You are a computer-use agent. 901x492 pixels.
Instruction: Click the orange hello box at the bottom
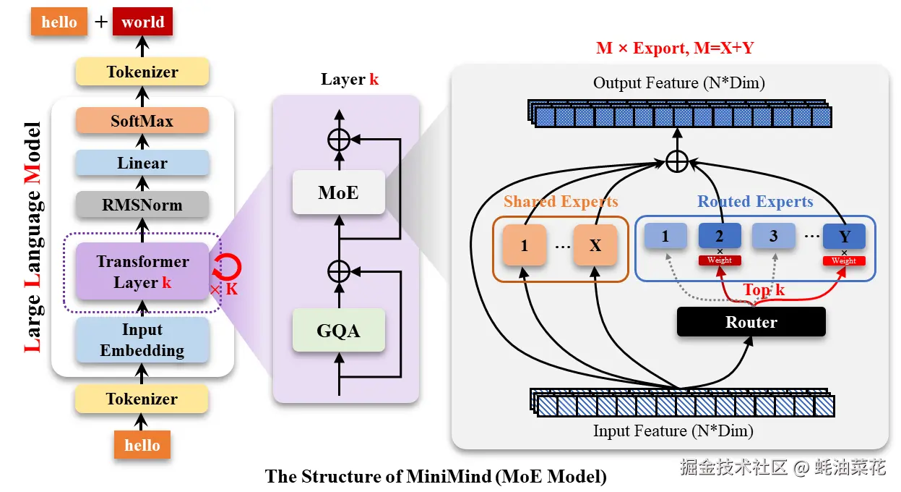[x=142, y=445]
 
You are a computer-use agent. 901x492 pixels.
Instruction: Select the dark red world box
[x=142, y=22]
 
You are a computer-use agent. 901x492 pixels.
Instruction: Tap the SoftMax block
[x=142, y=121]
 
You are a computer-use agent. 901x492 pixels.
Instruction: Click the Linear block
[x=142, y=164]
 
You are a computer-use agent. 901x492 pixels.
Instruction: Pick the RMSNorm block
[x=142, y=205]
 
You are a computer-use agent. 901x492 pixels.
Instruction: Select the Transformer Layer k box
[x=142, y=271]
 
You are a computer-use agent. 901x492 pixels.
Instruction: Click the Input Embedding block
[x=142, y=340]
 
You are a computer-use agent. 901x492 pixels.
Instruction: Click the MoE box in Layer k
[x=337, y=192]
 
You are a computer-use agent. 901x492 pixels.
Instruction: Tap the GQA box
[x=337, y=331]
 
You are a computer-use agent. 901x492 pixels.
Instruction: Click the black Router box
[x=751, y=322]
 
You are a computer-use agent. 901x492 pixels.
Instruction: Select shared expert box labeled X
[x=595, y=245]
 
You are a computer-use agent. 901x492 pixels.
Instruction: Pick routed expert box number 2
[x=720, y=236]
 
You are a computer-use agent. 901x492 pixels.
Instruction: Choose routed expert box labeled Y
[x=843, y=236]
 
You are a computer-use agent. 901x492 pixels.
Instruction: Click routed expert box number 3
[x=773, y=236]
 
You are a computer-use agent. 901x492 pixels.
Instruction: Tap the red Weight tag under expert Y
[x=843, y=260]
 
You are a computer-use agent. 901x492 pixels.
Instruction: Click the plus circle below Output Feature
[x=676, y=162]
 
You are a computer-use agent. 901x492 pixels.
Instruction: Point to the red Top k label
[x=764, y=290]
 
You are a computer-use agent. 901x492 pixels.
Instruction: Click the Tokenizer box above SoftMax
[x=142, y=72]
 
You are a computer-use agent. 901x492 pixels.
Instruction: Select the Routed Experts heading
[x=755, y=202]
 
